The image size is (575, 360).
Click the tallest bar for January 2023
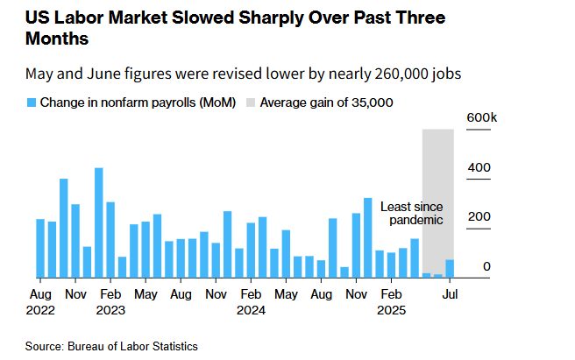[x=99, y=222]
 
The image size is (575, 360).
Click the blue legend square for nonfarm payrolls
[x=32, y=102]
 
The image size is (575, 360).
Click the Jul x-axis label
[x=450, y=293]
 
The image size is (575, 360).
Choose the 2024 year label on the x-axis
[x=251, y=309]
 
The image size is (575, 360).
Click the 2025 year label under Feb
[x=392, y=309]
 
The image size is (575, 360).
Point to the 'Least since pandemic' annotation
[x=411, y=213]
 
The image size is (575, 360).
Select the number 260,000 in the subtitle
[x=394, y=74]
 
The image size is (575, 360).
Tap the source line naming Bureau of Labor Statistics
[x=111, y=346]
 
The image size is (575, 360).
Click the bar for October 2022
[x=64, y=228]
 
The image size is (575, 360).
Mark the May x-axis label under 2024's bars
[x=286, y=293]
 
